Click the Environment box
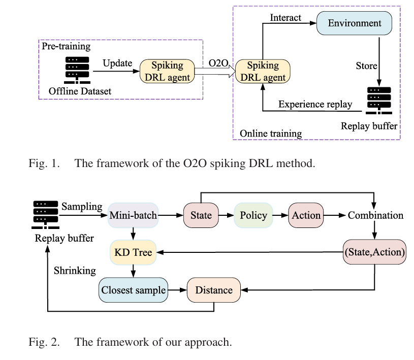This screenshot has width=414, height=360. point(355,23)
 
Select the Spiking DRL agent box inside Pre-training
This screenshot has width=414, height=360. point(167,72)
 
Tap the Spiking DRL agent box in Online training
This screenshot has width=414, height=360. point(263,72)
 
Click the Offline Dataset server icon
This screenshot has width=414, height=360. point(77,70)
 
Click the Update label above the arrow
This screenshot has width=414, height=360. point(117,63)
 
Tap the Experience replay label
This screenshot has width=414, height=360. point(315,104)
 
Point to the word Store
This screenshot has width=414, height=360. point(366,66)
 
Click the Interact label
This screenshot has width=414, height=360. point(285,18)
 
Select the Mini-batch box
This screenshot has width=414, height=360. point(133,215)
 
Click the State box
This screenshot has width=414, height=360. point(201,215)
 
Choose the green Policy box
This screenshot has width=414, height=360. point(253,215)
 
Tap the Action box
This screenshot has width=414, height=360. point(306,215)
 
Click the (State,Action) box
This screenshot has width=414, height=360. point(375,252)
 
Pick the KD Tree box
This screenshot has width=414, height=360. point(133,252)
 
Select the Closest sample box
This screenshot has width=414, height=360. point(134,290)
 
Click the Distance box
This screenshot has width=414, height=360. point(214,290)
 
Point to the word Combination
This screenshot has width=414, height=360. point(375,215)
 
